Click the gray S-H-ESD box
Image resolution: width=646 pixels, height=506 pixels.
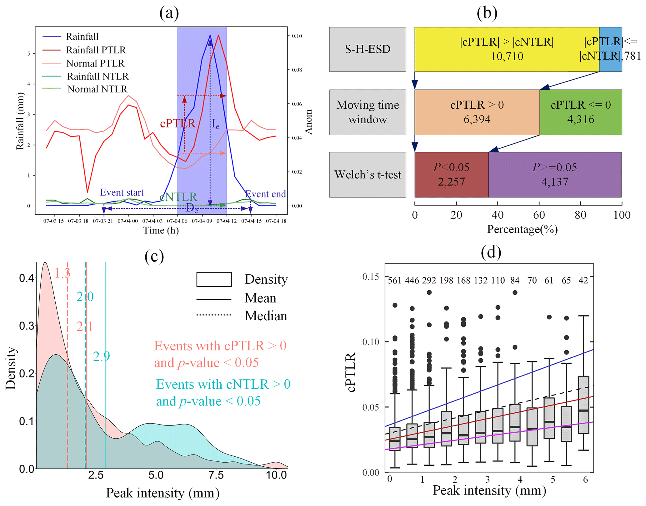368,49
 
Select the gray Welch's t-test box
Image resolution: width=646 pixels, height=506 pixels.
368,175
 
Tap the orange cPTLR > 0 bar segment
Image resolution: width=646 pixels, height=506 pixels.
477,112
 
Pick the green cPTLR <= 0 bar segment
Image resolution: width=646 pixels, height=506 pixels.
581,112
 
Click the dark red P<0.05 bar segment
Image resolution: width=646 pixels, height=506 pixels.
451,175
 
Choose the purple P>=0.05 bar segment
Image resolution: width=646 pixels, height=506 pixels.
555,175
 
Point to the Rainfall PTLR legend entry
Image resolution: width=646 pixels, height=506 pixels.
96,50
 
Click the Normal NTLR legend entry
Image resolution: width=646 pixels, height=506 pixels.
97,89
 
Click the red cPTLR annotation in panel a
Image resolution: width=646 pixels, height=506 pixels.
178,124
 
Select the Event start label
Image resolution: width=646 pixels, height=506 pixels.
122,192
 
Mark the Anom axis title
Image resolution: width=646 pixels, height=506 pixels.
308,122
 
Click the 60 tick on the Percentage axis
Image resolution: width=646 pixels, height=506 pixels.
539,215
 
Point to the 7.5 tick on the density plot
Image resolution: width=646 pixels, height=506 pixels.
216,475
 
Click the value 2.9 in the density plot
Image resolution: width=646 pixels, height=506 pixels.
101,356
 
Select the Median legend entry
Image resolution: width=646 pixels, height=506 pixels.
265,316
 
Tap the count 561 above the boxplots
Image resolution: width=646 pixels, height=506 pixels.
394,280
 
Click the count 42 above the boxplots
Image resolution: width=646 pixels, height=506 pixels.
583,280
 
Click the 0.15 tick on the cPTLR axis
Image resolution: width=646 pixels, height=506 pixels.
371,277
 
